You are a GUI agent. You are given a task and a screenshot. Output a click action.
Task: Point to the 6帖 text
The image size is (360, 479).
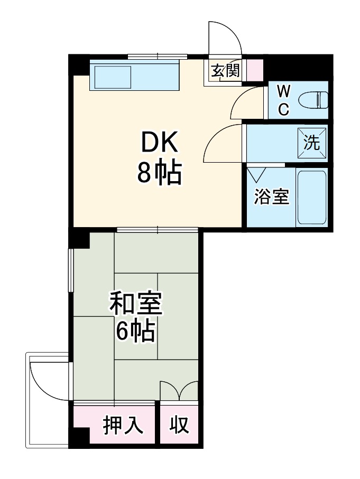tap(136, 331)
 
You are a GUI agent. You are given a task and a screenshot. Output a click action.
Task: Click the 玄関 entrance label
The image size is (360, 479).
tap(226, 71)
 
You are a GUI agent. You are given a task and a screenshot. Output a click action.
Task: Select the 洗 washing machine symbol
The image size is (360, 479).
tap(311, 142)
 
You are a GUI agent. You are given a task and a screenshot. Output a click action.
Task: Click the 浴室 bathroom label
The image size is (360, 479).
tap(271, 197)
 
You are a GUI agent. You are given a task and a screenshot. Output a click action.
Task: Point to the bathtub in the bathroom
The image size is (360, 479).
tap(311, 197)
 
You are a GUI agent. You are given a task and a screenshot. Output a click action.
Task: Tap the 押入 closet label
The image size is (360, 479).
tap(123, 425)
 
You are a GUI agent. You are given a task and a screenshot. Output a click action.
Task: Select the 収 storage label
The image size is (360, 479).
tap(179, 425)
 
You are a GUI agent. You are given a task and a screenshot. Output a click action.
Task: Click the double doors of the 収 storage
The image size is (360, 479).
tap(179, 391)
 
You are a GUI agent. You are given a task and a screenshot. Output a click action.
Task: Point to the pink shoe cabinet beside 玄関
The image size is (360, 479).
tap(254, 70)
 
